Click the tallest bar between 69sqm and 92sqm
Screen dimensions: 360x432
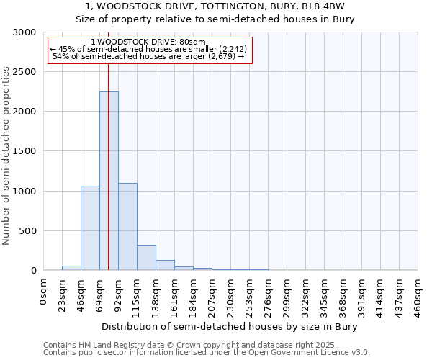109,180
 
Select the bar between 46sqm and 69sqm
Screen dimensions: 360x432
90,228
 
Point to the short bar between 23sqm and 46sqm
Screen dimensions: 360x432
71,268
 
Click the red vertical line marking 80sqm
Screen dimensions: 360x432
108,144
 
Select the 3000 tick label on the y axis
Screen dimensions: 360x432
24,32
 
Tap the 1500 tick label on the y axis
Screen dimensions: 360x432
24,151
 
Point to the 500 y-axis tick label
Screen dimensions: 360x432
27,231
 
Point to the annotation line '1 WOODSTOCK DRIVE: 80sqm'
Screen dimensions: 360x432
149,42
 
